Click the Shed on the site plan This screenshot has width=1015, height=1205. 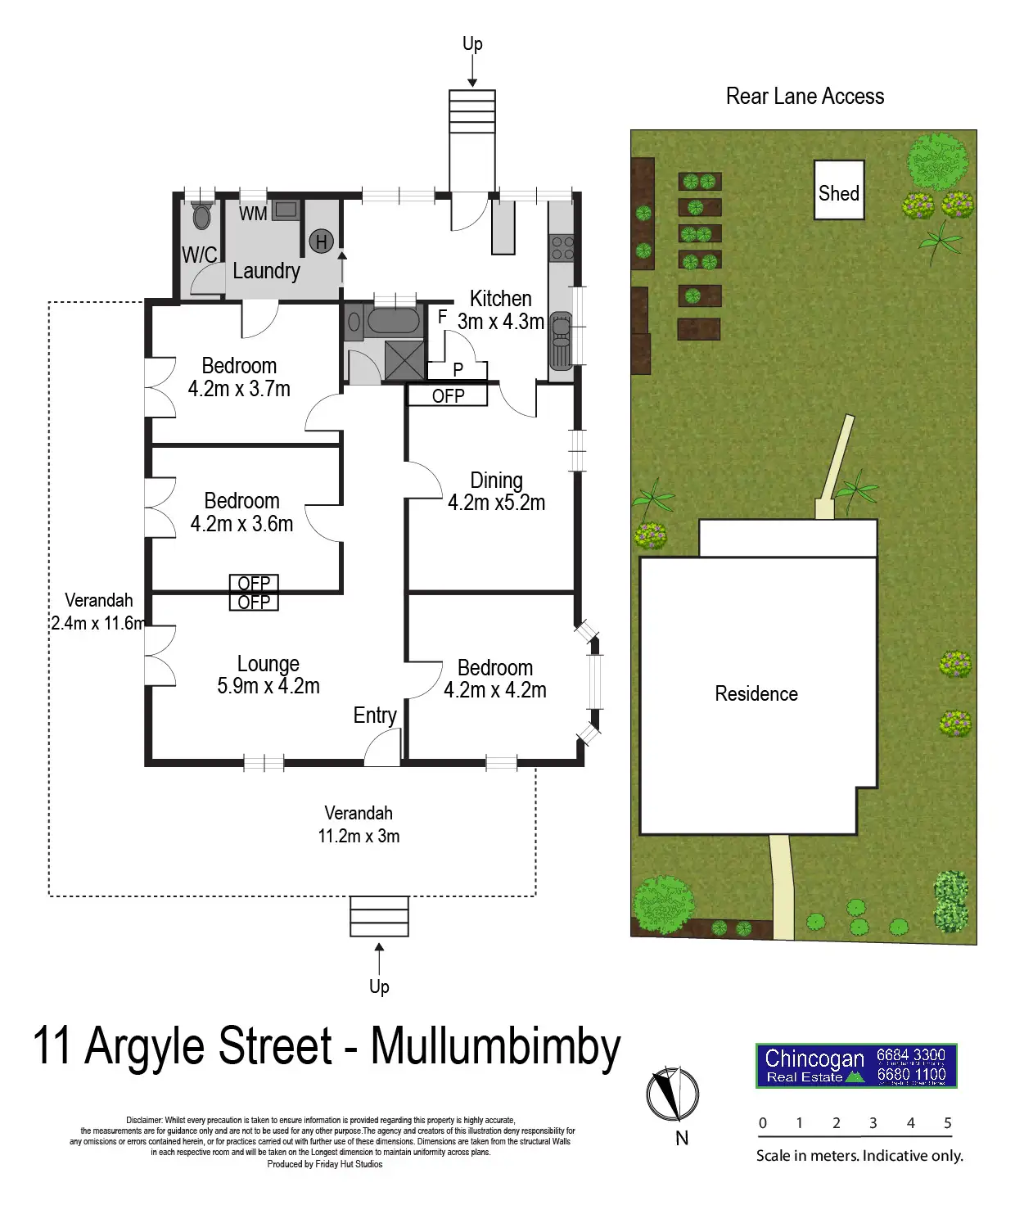point(838,191)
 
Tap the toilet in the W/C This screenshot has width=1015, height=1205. point(201,217)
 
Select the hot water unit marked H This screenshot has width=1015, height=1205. point(321,241)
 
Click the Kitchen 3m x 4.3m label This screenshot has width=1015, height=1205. point(501,310)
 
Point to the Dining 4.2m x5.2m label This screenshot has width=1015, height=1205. point(496,492)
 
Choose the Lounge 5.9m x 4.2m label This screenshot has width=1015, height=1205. point(268,675)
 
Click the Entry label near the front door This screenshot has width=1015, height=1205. point(375,715)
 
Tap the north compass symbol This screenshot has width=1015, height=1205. point(673,1094)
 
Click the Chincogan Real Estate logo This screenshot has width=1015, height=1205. point(855,1066)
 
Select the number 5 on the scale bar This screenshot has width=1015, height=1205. point(947,1123)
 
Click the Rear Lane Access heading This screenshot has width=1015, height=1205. point(805,97)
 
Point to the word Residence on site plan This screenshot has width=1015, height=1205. point(756,694)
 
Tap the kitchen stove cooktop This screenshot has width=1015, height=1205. point(562,248)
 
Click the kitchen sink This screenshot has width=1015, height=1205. point(561,339)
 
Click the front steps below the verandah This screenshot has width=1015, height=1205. point(379,916)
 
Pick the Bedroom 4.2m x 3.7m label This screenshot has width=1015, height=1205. point(239,377)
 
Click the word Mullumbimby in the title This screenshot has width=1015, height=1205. point(495,1046)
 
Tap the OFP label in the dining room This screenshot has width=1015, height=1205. point(448,396)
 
